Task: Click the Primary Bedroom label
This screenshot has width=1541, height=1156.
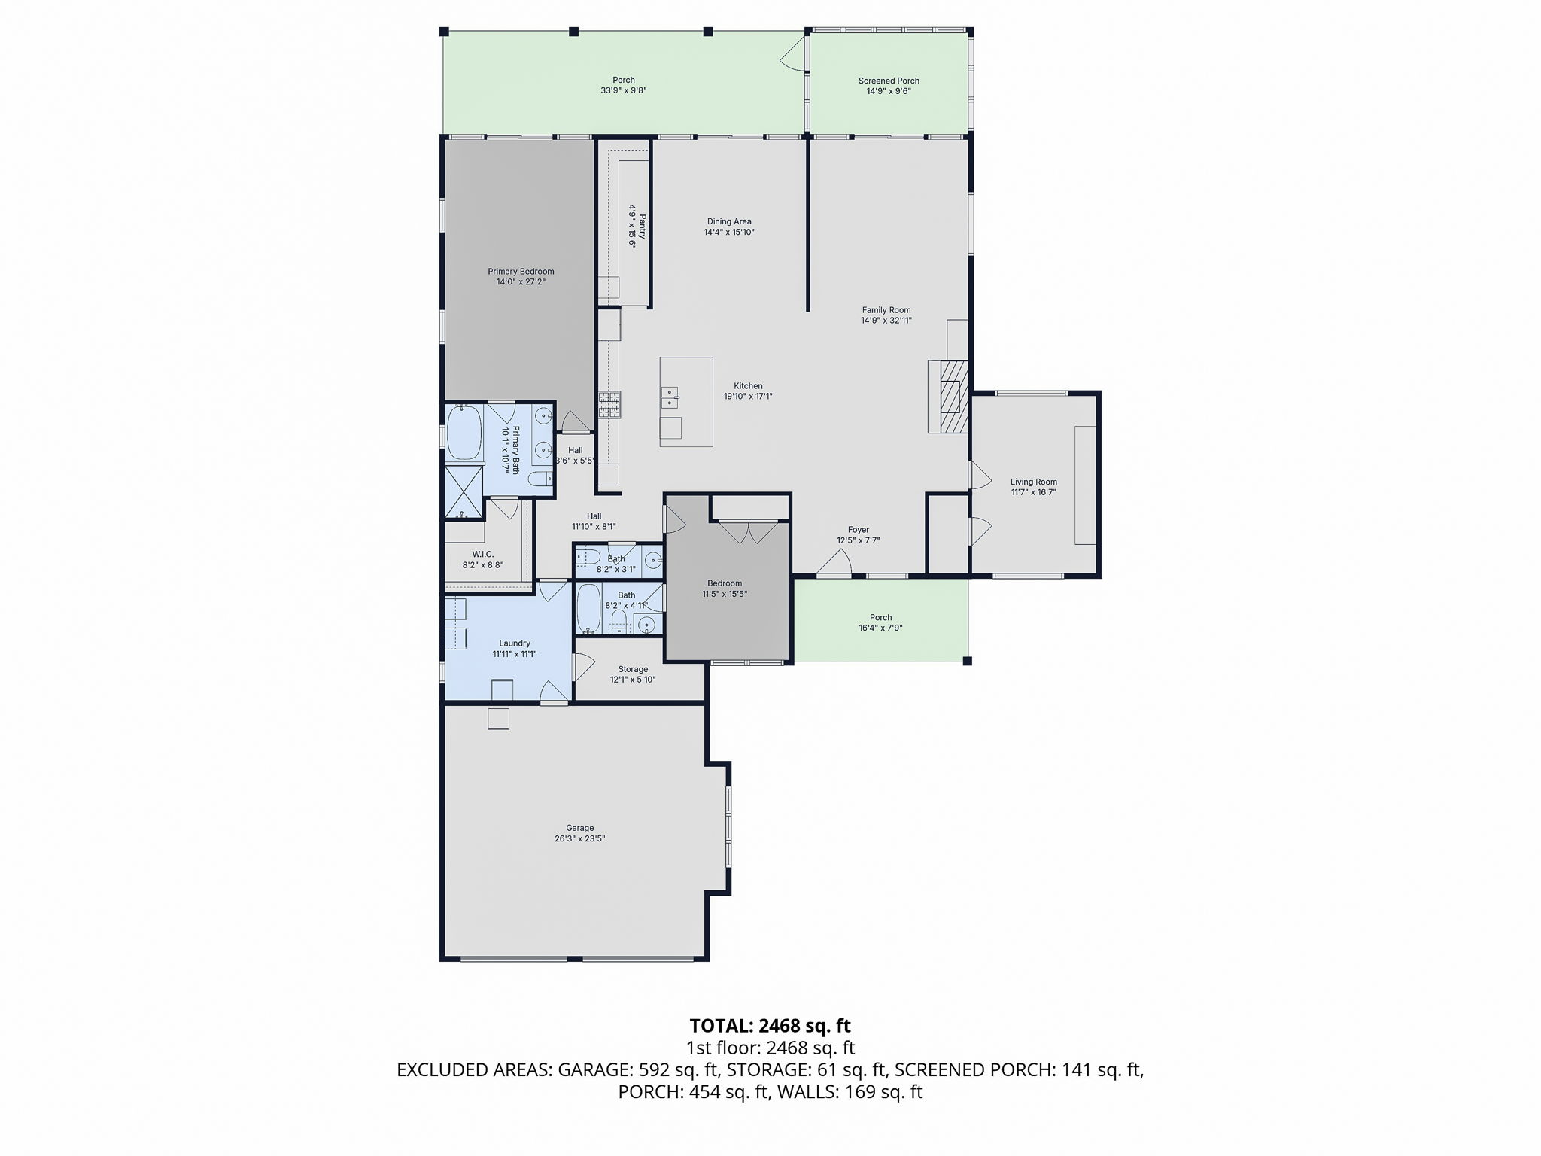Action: (521, 272)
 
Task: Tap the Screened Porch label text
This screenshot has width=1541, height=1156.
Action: (889, 81)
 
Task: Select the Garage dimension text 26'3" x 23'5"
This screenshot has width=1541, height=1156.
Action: (579, 838)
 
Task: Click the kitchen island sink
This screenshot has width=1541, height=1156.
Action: (670, 397)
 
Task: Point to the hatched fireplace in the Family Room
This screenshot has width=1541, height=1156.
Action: (953, 397)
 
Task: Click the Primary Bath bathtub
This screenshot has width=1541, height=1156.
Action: (465, 433)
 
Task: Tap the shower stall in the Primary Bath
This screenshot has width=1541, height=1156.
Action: (464, 492)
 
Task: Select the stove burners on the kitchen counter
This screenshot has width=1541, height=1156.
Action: (609, 405)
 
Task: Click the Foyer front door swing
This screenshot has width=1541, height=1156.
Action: (834, 562)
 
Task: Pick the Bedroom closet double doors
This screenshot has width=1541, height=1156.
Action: (749, 533)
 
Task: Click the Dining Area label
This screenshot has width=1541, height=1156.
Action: (729, 221)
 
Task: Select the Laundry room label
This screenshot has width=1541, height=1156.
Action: (515, 643)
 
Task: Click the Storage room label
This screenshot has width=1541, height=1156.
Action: (633, 669)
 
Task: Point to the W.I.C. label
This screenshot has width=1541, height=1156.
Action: (483, 554)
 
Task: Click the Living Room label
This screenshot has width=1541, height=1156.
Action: (1034, 482)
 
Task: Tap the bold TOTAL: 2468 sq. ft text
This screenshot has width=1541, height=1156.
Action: (770, 1025)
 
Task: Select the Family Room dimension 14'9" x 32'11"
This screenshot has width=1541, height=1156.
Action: (886, 320)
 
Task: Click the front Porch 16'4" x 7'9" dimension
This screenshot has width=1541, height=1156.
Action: (880, 628)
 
